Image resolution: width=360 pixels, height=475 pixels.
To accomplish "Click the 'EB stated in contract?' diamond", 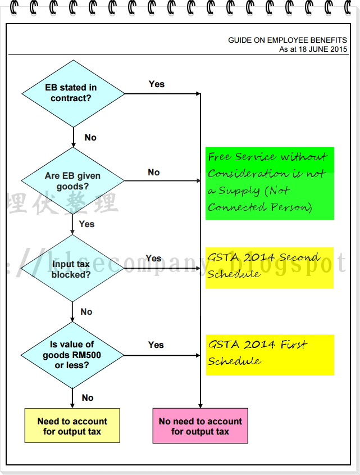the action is pyautogui.click(x=73, y=93).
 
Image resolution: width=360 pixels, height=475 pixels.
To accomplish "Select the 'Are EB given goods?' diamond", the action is pyautogui.click(x=73, y=181).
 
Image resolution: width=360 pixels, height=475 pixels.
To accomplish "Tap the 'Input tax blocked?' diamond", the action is pyautogui.click(x=72, y=269).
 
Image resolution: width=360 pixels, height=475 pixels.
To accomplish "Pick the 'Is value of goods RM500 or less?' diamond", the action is pyautogui.click(x=72, y=355).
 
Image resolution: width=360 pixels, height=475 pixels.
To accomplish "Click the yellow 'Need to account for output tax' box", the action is pyautogui.click(x=72, y=426).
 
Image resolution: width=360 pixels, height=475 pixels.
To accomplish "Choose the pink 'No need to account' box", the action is pyautogui.click(x=200, y=426).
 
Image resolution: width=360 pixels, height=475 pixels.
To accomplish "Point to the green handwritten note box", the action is pyautogui.click(x=270, y=183).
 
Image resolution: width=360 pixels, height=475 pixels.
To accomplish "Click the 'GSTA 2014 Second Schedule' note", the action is pyautogui.click(x=269, y=268).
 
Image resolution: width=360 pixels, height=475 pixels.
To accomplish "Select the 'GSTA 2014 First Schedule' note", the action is pyautogui.click(x=270, y=355).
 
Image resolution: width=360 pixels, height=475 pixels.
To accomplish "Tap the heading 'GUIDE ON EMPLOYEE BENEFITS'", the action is pyautogui.click(x=287, y=40).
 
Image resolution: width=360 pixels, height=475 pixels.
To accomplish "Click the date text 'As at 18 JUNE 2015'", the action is pyautogui.click(x=313, y=49).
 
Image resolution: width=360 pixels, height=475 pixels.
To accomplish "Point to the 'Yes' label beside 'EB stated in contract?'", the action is pyautogui.click(x=157, y=84).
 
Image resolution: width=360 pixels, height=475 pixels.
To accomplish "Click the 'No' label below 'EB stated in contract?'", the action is pyautogui.click(x=90, y=138).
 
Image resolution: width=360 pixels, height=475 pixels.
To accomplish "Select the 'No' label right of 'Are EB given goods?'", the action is pyautogui.click(x=154, y=173).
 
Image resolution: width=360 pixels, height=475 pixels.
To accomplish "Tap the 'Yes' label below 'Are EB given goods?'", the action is pyautogui.click(x=87, y=224).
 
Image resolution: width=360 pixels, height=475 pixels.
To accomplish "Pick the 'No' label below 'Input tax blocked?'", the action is pyautogui.click(x=86, y=312).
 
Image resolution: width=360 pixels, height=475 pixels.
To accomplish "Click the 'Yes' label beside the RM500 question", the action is pyautogui.click(x=156, y=345).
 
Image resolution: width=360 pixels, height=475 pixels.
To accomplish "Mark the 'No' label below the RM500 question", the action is pyautogui.click(x=88, y=398).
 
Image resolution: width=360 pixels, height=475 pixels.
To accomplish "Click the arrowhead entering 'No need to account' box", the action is pyautogui.click(x=200, y=406).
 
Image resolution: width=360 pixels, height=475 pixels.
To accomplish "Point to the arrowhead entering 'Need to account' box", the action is pyautogui.click(x=73, y=406).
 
